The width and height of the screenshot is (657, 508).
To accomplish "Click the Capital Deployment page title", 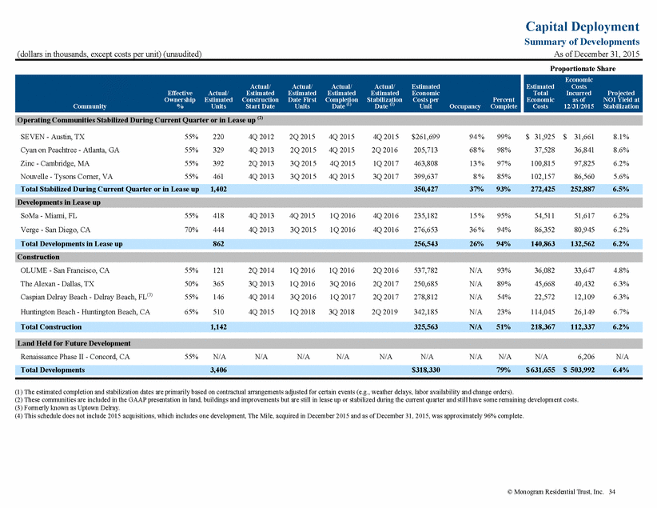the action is point(582,26).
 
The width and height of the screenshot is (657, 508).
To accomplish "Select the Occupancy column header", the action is point(464,106).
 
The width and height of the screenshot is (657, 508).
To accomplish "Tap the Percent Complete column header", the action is point(504,103).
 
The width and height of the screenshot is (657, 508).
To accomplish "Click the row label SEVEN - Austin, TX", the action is point(53,137).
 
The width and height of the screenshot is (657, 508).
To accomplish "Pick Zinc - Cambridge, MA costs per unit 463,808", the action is point(426,164).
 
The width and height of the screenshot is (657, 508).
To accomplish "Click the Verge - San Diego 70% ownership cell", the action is point(192,230).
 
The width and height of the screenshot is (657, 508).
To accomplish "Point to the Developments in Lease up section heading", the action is point(58,202).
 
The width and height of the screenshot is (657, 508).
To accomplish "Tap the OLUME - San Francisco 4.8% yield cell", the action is point(621,270).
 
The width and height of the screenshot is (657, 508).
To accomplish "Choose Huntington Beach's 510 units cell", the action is point(218,312).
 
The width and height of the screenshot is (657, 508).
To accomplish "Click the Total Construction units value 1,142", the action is point(218,326).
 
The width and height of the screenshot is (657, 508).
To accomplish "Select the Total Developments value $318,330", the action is point(426,370).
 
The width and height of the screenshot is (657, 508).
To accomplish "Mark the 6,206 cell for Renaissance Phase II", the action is point(586,357).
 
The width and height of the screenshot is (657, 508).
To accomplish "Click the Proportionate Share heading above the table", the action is point(583,69).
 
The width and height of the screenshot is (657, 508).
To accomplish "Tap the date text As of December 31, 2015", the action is point(597,54).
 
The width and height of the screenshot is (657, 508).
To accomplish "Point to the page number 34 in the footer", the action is point(612,492).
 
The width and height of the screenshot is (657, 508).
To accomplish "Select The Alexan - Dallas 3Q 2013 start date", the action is point(261,284).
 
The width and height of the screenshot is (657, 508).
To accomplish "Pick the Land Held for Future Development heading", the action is point(74,343).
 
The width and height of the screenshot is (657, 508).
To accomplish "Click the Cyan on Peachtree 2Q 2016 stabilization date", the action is point(385,150).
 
